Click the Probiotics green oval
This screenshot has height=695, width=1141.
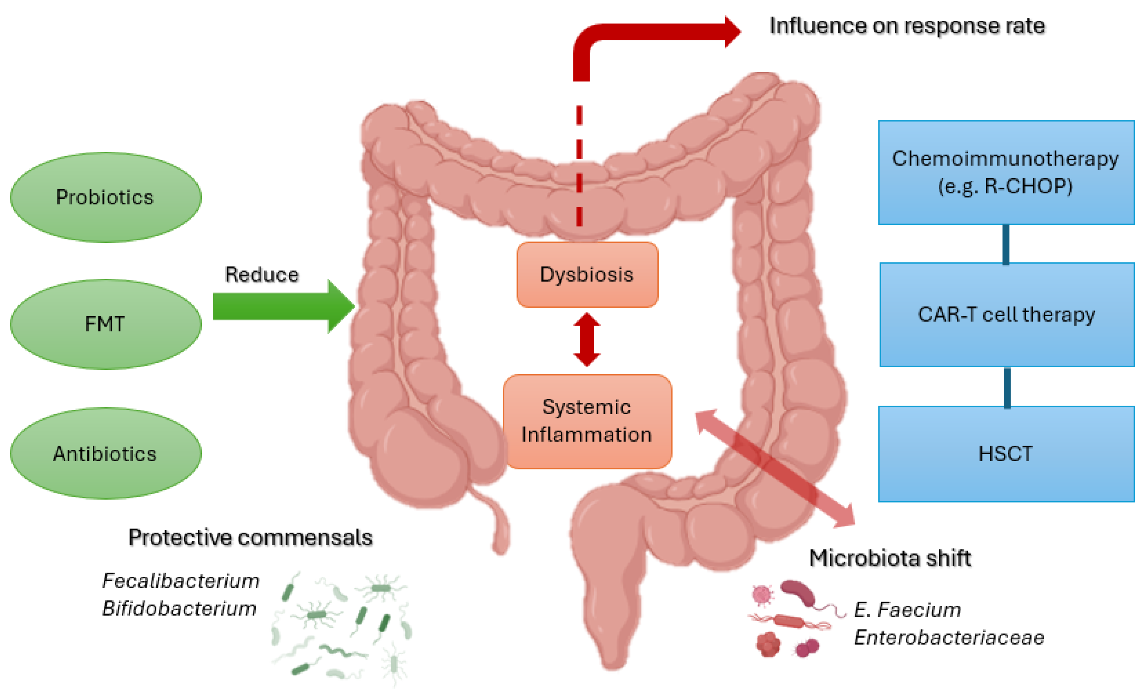pos(106,197)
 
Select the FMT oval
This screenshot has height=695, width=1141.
pos(106,324)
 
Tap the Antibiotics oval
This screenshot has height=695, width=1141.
pos(106,454)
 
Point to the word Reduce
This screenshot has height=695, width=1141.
pos(262,275)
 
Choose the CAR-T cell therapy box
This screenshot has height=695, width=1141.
pos(1007,315)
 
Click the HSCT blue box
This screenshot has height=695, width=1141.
pos(1006,454)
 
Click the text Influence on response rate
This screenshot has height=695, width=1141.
pos(907,26)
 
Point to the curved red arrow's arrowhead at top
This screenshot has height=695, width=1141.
pos(732,31)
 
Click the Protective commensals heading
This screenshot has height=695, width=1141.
pos(250,538)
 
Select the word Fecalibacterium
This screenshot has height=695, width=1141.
pos(180,580)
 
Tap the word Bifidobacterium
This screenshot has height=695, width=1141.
pos(179,608)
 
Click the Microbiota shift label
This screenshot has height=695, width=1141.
pos(889,558)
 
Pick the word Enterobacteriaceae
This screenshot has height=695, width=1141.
pos(949,638)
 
